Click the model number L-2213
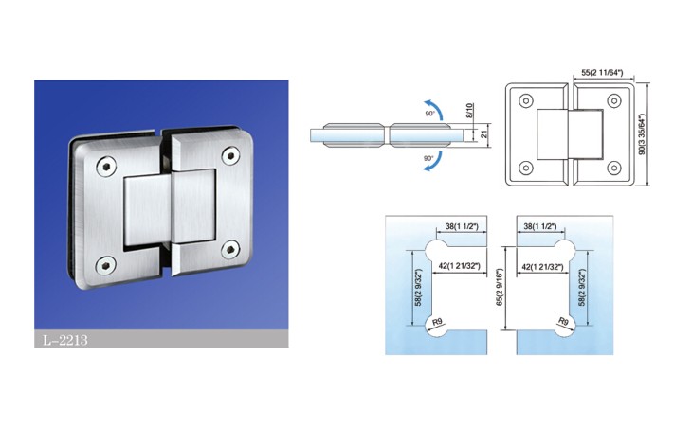click(x=64, y=340)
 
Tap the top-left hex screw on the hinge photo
click(x=106, y=167)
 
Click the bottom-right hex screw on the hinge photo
click(x=230, y=250)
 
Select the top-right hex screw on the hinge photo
click(x=230, y=155)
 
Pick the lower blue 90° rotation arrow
click(x=433, y=161)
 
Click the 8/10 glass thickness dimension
click(x=469, y=110)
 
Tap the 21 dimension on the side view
click(x=483, y=133)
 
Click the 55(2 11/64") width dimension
click(x=602, y=73)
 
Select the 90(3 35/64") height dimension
click(x=642, y=133)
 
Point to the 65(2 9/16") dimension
click(x=500, y=288)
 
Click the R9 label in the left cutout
click(x=437, y=322)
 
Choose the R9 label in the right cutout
click(x=563, y=322)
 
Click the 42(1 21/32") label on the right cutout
click(x=542, y=267)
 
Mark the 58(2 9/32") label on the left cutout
click(x=418, y=288)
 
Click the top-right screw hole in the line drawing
click(x=614, y=101)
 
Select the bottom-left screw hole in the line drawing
click(x=525, y=168)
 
